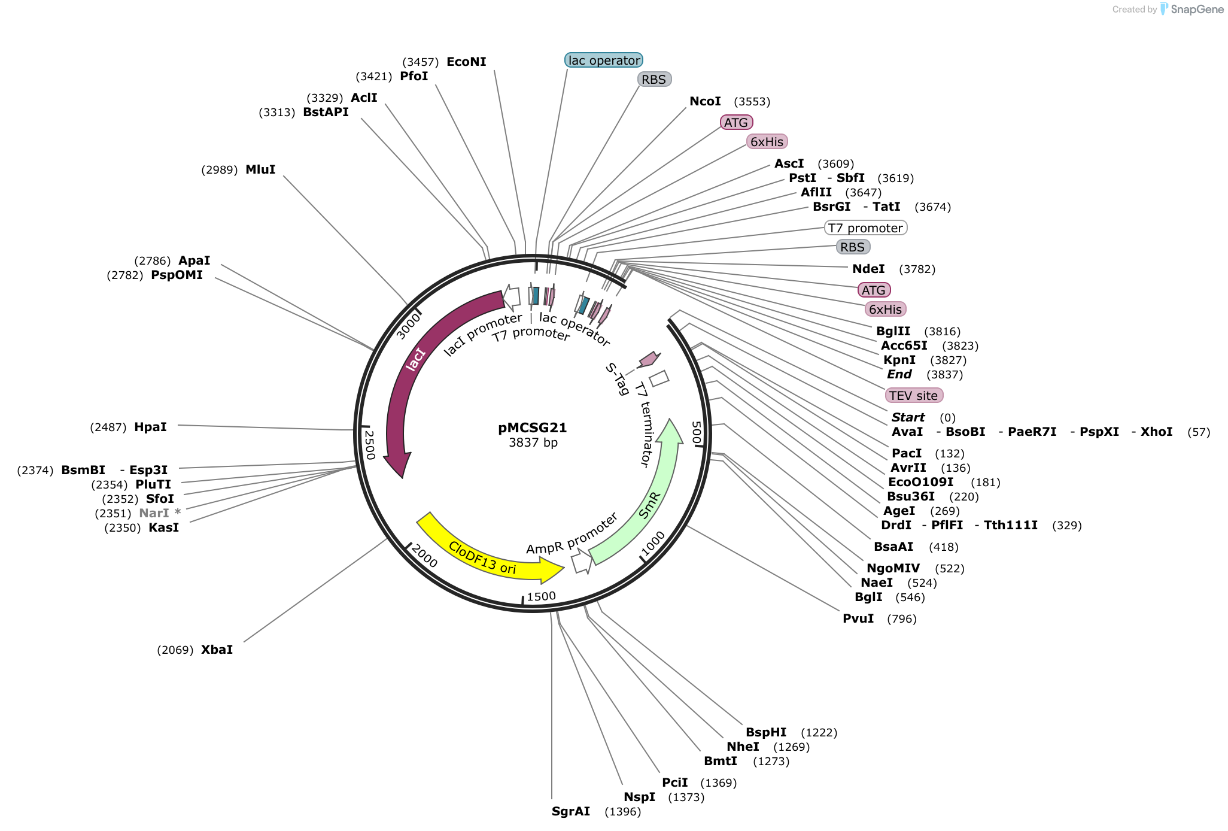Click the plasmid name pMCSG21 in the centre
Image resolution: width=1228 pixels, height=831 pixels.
(x=532, y=427)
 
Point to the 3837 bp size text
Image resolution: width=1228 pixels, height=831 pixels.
(x=533, y=442)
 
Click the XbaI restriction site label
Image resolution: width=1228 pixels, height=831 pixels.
(x=217, y=650)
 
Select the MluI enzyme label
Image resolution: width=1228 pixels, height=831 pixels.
(x=260, y=169)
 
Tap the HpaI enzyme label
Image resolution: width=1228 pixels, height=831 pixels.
(x=150, y=427)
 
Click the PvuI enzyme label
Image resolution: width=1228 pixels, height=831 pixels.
(x=858, y=618)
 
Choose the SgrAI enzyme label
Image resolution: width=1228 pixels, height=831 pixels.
(x=571, y=811)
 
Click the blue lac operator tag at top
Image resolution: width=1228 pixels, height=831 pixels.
(x=604, y=60)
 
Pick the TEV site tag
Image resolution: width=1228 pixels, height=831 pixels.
(x=914, y=395)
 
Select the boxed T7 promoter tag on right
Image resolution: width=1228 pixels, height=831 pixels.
(x=865, y=228)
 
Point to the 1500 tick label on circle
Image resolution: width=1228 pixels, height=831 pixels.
(x=541, y=596)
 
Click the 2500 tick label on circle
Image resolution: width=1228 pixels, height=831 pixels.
(x=369, y=445)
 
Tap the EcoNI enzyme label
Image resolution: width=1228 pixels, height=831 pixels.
(x=466, y=62)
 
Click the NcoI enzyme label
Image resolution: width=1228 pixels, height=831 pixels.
(x=705, y=101)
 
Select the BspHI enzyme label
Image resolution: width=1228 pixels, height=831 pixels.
(x=766, y=732)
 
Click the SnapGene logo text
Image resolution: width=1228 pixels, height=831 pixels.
(x=1197, y=9)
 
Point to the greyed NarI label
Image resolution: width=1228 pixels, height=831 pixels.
(x=154, y=513)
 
